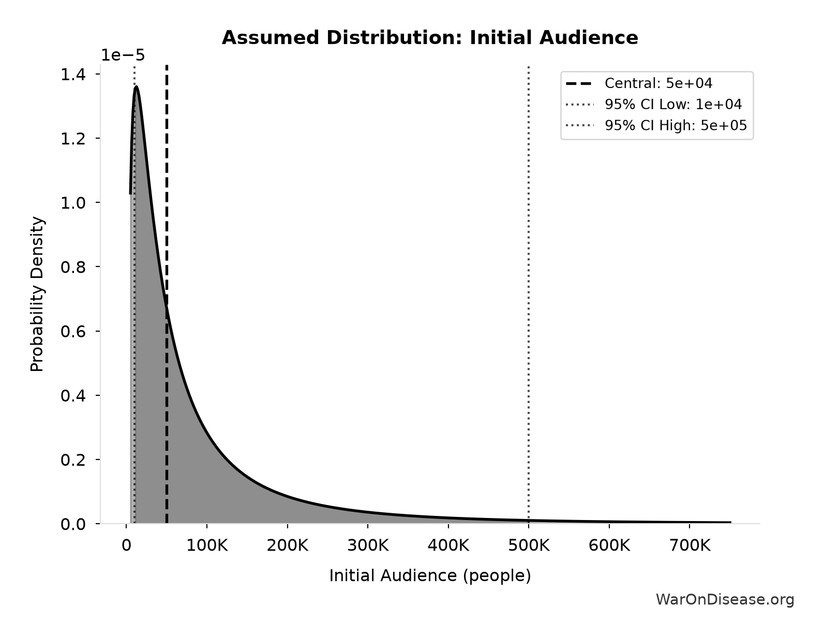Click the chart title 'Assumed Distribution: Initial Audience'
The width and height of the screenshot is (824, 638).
[x=430, y=38]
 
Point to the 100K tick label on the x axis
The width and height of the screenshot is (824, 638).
[x=207, y=545]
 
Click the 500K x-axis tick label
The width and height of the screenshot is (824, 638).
[x=529, y=545]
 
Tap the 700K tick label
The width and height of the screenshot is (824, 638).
[x=690, y=545]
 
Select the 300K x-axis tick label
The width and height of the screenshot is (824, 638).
[x=368, y=545]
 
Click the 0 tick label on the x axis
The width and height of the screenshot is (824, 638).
[x=126, y=545]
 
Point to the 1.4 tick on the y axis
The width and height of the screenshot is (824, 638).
[x=73, y=75]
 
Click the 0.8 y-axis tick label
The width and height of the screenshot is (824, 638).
[x=73, y=267]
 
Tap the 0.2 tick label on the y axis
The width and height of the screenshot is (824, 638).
[x=73, y=459]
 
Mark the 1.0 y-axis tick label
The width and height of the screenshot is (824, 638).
[x=73, y=203]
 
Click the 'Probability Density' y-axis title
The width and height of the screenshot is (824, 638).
[x=37, y=294]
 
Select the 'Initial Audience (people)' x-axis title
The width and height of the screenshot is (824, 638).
[x=430, y=575]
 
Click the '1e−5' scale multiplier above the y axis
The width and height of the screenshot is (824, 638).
[x=123, y=55]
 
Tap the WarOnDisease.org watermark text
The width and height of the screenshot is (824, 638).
[x=725, y=599]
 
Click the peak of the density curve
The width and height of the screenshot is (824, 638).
[x=136, y=87]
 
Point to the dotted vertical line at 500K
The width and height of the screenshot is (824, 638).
[x=529, y=294]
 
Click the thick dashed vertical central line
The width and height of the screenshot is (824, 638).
[x=167, y=294]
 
